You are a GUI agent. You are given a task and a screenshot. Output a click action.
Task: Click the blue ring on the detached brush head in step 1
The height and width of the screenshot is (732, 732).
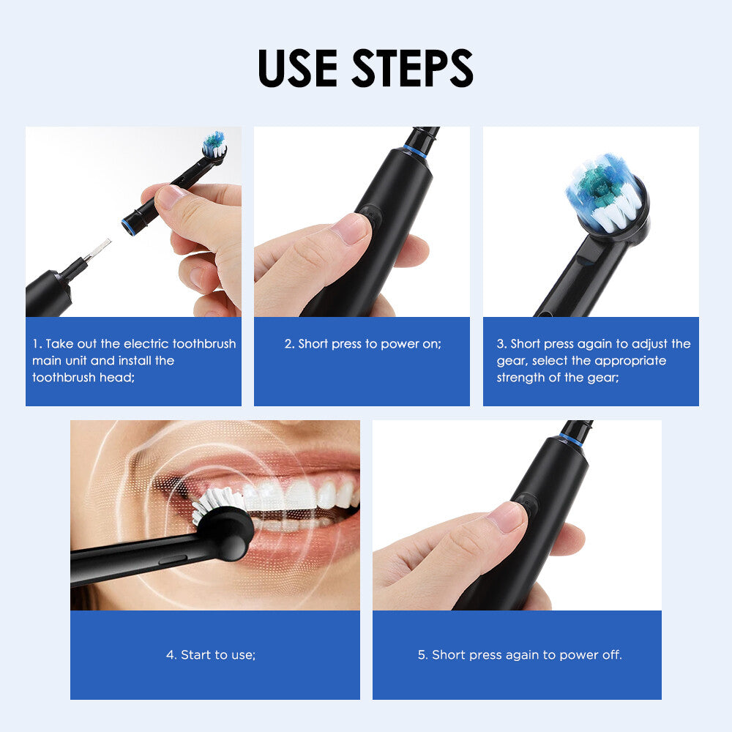click(x=130, y=225)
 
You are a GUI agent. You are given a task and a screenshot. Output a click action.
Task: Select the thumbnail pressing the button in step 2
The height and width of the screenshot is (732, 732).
click(x=351, y=228)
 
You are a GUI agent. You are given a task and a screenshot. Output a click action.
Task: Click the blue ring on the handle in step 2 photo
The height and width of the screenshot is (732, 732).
click(x=415, y=152)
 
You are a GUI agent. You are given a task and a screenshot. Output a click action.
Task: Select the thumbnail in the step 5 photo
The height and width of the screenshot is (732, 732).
click(x=507, y=516)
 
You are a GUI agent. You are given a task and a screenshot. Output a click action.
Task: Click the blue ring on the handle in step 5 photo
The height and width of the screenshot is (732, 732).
click(x=571, y=439)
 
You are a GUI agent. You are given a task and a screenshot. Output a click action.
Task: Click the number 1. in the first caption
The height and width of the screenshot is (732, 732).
click(x=37, y=344)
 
